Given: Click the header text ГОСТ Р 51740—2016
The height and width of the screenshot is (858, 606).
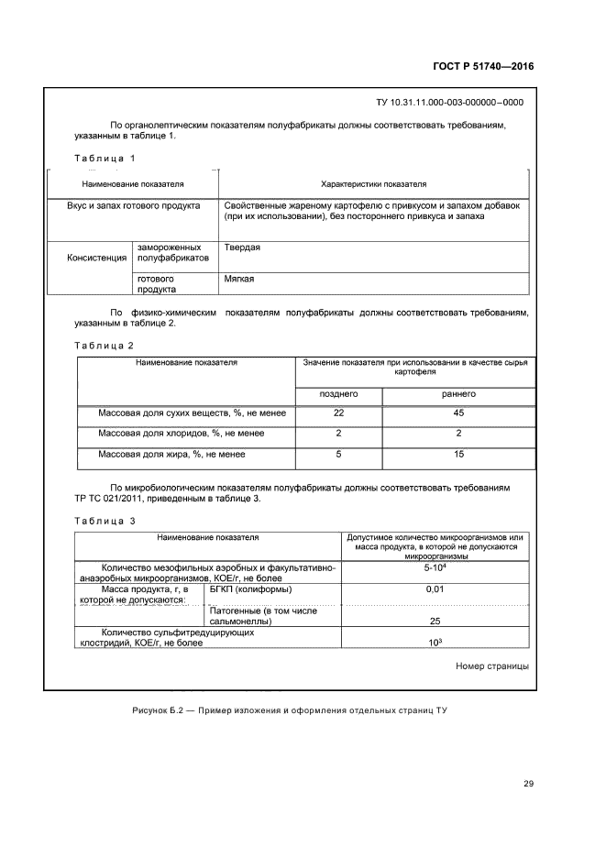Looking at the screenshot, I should tap(483, 67).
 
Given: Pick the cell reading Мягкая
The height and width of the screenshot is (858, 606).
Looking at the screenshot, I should tap(238, 278).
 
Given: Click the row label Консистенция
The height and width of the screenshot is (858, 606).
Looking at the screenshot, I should tap(96, 258).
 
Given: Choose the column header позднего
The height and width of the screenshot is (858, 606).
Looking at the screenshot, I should tap(337, 393).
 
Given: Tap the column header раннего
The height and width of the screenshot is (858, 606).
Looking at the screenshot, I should tap(458, 393).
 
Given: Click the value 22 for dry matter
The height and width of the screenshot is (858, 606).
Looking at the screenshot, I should tap(337, 413).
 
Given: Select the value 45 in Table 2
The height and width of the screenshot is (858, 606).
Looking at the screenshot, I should tap(458, 413).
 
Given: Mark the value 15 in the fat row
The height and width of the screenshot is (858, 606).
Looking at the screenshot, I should tap(458, 454).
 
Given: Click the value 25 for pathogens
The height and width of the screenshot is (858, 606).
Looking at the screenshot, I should tap(435, 621).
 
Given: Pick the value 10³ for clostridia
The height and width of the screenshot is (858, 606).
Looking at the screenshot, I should tap(435, 641).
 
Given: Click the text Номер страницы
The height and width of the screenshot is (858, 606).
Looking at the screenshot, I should tap(491, 666).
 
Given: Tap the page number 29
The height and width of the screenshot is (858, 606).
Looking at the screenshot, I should tap(528, 783).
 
